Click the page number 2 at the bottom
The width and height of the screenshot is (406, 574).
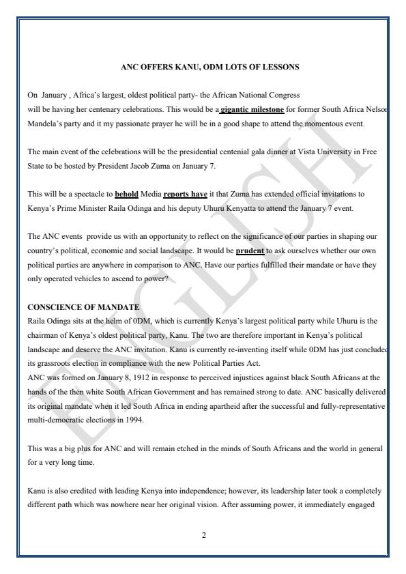point(203,534)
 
